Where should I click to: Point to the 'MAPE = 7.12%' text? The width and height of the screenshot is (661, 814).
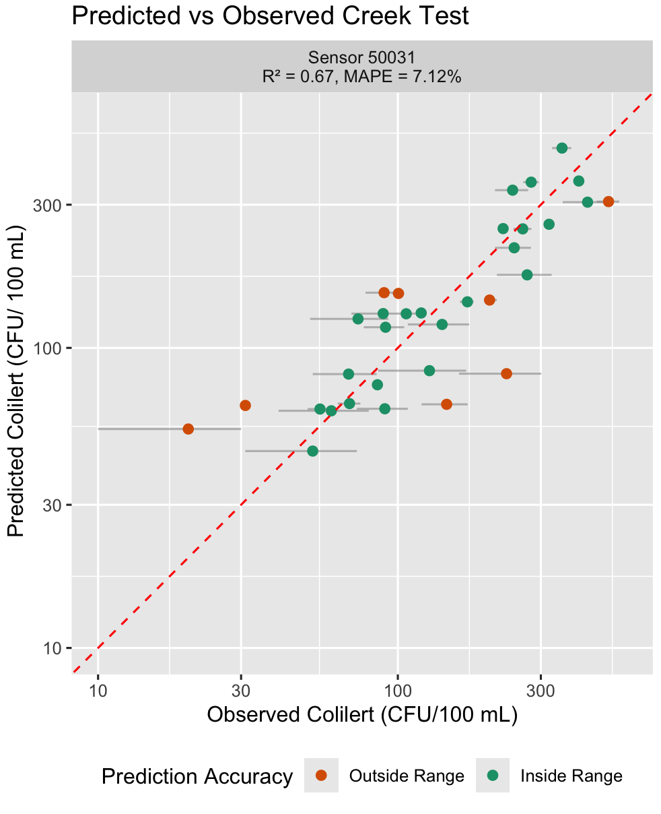(x=403, y=76)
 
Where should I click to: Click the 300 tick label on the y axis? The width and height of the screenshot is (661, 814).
(x=48, y=205)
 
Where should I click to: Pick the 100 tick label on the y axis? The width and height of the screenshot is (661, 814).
(x=48, y=348)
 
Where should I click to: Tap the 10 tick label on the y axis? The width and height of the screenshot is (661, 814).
(x=52, y=648)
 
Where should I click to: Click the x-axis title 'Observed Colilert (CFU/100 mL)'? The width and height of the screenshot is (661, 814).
(x=362, y=715)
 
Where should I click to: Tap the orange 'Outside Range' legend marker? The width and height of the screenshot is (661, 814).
(x=321, y=776)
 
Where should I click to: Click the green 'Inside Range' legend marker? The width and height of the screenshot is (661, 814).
(x=493, y=776)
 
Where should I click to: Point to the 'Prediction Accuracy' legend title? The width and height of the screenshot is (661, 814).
(x=197, y=776)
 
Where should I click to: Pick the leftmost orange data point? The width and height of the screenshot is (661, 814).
(x=188, y=429)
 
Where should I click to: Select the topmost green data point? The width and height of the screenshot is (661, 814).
(x=562, y=148)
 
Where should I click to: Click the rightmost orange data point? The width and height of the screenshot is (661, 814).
(x=608, y=201)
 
